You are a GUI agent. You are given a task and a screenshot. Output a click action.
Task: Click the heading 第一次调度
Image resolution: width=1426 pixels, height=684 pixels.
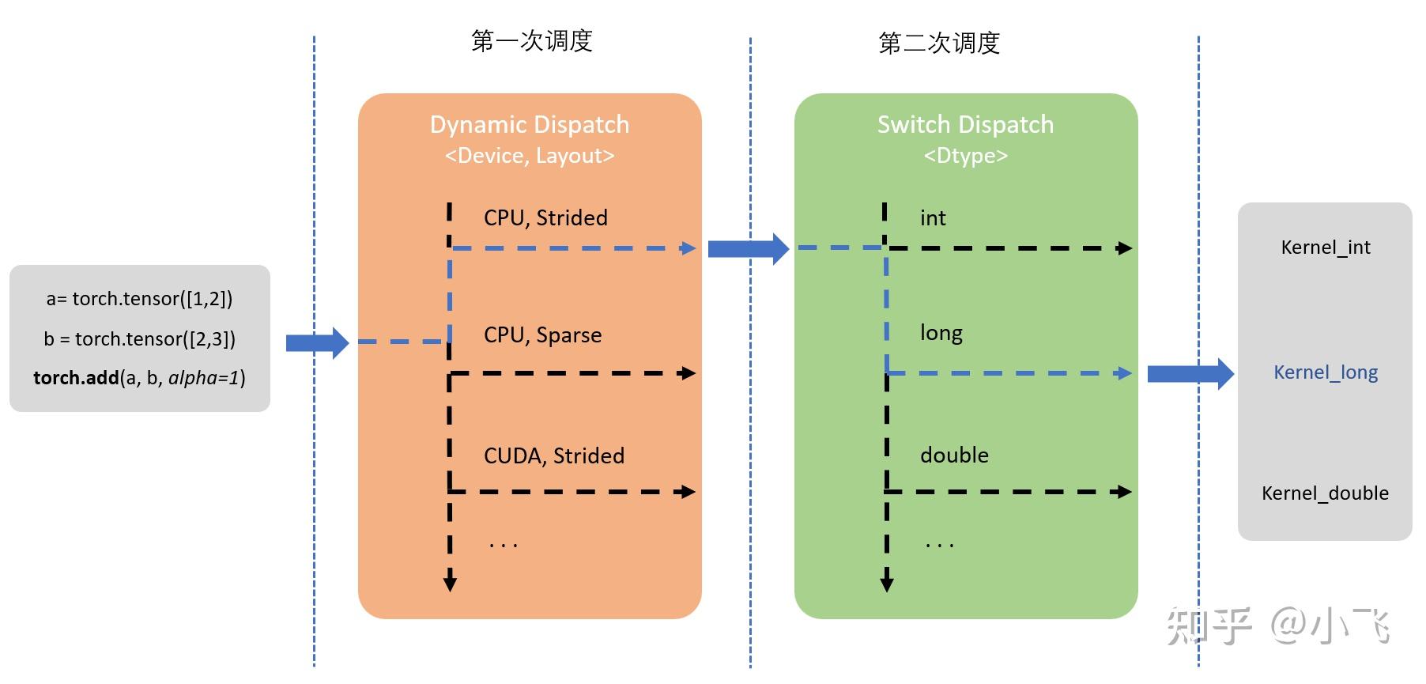coord(531,41)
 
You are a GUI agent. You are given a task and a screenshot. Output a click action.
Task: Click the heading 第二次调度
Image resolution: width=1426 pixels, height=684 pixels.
coord(938,43)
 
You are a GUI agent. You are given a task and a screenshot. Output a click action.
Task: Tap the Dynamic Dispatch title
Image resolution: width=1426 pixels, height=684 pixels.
coord(530,124)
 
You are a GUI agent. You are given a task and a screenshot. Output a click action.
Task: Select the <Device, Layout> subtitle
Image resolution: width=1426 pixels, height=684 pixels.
coord(530,156)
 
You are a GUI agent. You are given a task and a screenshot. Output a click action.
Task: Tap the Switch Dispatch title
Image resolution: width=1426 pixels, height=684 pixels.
coord(965,124)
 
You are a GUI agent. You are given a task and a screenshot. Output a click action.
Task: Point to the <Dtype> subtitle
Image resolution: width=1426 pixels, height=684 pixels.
coord(965,156)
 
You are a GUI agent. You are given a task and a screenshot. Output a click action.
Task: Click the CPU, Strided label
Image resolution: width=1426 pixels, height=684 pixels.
coord(545,217)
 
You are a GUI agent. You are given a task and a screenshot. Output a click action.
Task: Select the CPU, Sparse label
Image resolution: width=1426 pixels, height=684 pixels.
coord(542,334)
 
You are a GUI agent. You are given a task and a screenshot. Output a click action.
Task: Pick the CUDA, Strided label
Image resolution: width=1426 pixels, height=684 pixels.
coord(553,455)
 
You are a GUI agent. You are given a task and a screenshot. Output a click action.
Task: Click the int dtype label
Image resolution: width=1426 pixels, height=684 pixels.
coord(933,218)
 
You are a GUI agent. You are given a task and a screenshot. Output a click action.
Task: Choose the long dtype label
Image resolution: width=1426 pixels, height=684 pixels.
coord(941,333)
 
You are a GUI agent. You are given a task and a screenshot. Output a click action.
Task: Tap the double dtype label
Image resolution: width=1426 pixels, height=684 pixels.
coord(954,455)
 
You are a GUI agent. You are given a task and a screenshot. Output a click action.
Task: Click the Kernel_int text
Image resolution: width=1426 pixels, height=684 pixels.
coord(1325,248)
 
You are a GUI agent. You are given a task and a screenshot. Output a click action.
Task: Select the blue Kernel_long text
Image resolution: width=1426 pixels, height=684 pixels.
coord(1325,372)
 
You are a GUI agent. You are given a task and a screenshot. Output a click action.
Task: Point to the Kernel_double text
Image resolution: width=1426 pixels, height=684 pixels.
coord(1325,493)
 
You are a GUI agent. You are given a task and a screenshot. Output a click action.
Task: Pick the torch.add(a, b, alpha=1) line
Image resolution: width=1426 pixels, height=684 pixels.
coord(139,378)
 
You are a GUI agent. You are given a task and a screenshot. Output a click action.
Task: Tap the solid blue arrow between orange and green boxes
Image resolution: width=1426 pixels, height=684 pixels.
coord(748,249)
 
